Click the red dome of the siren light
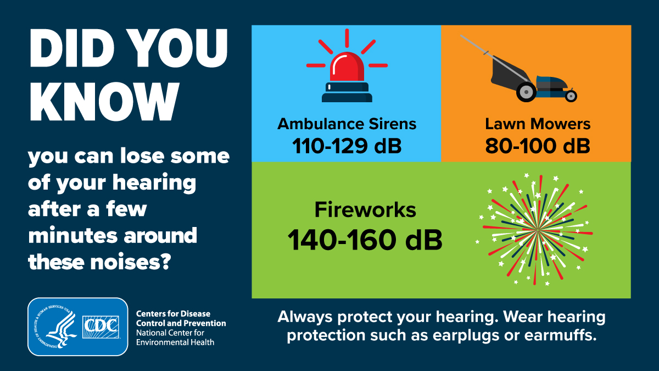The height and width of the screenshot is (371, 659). tap(347, 67)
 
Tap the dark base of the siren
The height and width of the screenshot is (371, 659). tap(347, 92)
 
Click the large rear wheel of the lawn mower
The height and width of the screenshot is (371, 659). tap(526, 92)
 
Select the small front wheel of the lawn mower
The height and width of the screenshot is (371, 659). tap(571, 96)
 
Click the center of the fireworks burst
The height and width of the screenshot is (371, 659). tap(537, 229)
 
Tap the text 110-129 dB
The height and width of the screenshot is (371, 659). tap(347, 146)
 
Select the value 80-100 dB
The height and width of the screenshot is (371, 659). tap(538, 146)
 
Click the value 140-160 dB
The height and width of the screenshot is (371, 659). tap(365, 240)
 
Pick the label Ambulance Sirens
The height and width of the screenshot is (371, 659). tap(347, 124)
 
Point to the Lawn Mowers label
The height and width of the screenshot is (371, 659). tap(538, 124)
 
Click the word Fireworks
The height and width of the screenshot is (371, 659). tap(365, 209)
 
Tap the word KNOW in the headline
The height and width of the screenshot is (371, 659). tap(104, 102)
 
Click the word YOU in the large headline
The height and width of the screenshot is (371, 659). tap(178, 48)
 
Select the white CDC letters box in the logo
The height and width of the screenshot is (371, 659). tap(100, 327)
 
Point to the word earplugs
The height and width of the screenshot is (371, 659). tap(466, 335)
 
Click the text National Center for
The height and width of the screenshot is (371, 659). tap(170, 333)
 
